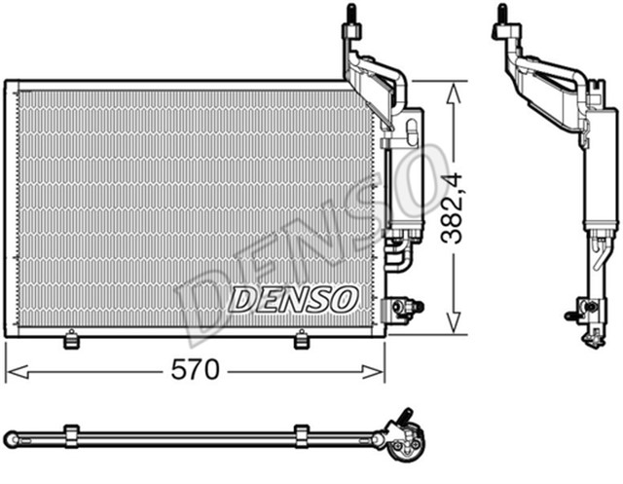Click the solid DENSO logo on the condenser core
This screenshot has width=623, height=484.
(292, 298)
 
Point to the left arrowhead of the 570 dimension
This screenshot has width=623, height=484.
(12, 370)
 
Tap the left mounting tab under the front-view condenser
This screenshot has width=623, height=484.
(70, 339)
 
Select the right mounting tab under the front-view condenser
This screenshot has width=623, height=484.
(301, 339)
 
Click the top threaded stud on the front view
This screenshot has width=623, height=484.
(349, 16)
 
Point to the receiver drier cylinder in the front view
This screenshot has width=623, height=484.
(401, 185)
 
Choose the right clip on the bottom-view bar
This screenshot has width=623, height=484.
(301, 432)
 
